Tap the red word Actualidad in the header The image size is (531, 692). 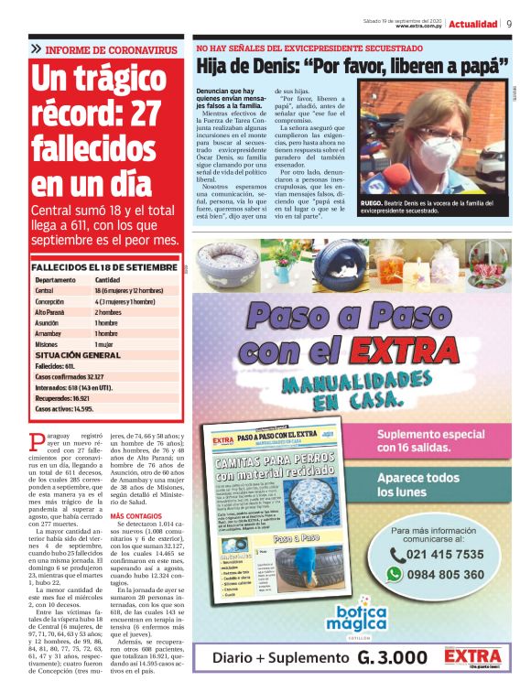pyautogui.click(x=473, y=23)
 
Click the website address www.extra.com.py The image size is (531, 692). pyautogui.click(x=413, y=26)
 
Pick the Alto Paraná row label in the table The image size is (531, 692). pyautogui.click(x=52, y=311)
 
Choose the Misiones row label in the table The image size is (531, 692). pyautogui.click(x=48, y=344)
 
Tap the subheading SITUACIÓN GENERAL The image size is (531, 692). pyautogui.click(x=78, y=354)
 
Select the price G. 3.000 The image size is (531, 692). pyautogui.click(x=392, y=657)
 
